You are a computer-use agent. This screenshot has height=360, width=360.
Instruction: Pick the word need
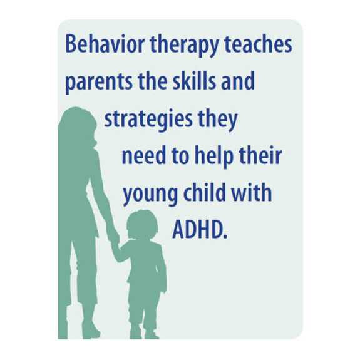(142, 156)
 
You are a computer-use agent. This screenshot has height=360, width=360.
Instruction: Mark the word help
(210, 157)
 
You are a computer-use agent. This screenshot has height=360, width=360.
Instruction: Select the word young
(148, 194)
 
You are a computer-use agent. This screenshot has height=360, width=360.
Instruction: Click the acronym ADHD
(198, 230)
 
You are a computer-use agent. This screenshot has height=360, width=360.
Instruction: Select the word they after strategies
(217, 120)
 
